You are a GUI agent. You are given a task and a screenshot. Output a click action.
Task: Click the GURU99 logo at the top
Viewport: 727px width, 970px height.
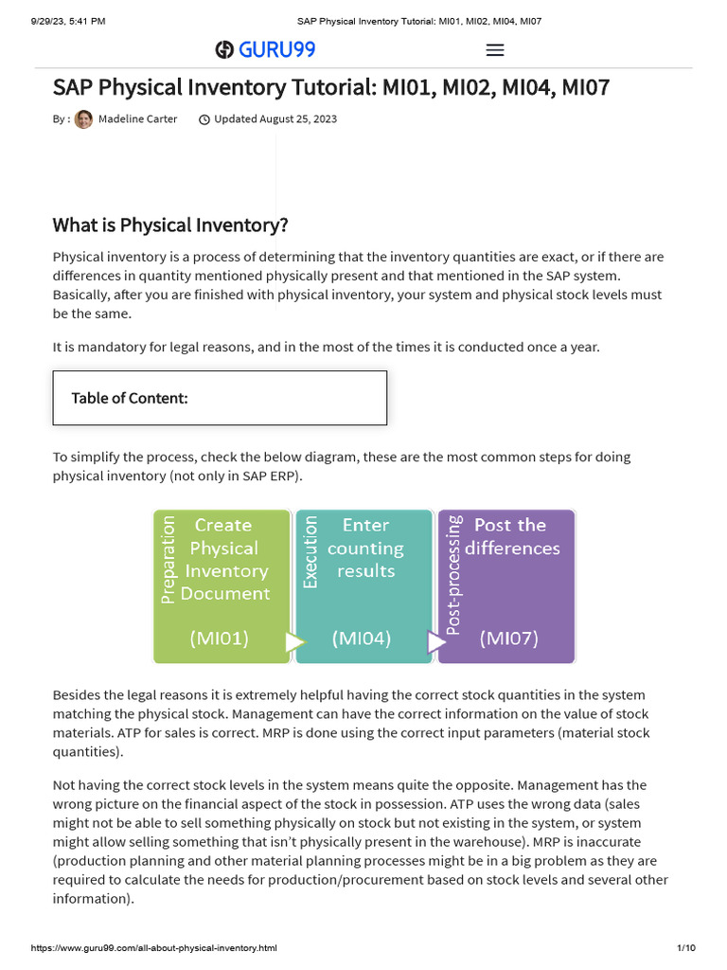265,49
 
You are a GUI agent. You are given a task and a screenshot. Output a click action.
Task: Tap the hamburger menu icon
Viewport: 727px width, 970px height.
494,50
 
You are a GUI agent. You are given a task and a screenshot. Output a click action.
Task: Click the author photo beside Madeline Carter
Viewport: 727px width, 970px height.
83,119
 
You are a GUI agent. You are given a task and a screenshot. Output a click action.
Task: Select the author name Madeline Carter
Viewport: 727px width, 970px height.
137,119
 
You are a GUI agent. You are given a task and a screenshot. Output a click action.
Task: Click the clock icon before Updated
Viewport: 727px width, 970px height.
204,119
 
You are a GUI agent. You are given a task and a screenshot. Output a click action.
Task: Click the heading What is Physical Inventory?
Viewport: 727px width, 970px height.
170,225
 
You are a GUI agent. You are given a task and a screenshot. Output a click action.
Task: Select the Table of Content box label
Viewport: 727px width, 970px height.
130,398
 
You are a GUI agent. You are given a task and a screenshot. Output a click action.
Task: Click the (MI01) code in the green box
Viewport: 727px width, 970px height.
220,638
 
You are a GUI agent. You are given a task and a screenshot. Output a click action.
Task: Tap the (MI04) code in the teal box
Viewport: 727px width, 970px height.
362,638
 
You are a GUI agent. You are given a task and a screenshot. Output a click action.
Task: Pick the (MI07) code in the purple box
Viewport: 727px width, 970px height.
508,638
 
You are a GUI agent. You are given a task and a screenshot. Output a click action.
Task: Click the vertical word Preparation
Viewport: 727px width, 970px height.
168,559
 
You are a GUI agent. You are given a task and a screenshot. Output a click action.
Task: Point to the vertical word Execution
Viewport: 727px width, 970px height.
310,551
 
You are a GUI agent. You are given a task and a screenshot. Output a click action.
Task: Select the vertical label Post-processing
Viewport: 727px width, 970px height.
453,574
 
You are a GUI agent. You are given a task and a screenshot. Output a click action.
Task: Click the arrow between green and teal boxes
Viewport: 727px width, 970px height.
295,642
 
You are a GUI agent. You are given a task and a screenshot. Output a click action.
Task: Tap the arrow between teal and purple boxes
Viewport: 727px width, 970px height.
436,642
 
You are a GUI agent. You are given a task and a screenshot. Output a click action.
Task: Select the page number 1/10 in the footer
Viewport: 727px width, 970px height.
685,948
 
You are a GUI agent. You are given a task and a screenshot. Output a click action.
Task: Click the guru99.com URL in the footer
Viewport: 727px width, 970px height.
154,948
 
